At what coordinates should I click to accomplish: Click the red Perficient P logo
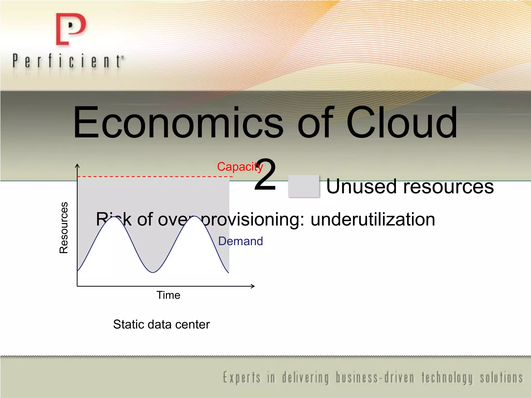point(71,29)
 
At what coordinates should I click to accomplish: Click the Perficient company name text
point(68,61)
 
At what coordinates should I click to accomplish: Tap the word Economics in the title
point(178,122)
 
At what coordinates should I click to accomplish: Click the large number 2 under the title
point(265,175)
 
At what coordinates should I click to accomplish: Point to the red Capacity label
point(240,167)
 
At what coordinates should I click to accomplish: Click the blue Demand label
point(240,241)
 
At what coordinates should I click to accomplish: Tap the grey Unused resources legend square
point(304,186)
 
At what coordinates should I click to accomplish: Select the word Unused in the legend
point(361,187)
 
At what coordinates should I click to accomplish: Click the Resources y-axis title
point(64,228)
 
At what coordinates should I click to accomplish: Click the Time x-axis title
point(168,295)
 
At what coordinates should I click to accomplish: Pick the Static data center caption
point(161,324)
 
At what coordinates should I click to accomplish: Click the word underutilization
point(373,219)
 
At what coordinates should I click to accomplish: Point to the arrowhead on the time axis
point(253,286)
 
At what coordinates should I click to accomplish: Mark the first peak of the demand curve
point(114,217)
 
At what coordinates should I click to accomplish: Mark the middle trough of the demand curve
point(153,272)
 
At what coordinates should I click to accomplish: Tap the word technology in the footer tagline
point(447,378)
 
